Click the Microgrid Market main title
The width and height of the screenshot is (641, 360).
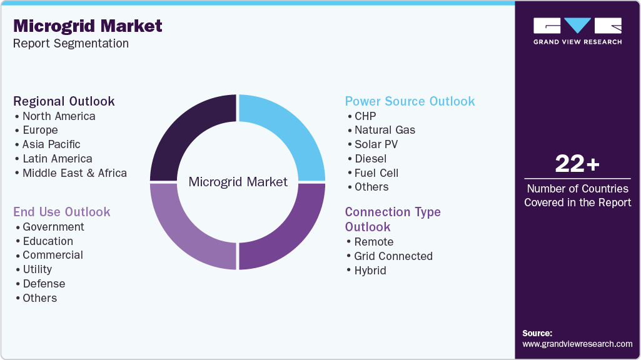click(88, 26)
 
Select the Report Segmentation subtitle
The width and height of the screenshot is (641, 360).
click(71, 44)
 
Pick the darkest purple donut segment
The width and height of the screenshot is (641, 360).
click(191, 136)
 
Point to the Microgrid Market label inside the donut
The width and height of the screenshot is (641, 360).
click(238, 182)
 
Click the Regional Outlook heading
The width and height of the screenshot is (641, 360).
click(64, 101)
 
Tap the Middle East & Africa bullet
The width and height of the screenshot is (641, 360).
click(74, 173)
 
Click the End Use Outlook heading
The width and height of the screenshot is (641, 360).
click(62, 212)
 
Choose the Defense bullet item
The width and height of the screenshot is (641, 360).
click(44, 284)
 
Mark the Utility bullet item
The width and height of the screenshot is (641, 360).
click(37, 269)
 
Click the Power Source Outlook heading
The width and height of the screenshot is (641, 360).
click(410, 101)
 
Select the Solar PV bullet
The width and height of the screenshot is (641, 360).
click(376, 144)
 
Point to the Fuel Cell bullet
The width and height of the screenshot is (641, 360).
click(376, 173)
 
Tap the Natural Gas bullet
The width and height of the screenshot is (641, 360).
click(385, 130)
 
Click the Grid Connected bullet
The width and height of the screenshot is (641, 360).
click(393, 256)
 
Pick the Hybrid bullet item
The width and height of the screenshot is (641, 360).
click(370, 271)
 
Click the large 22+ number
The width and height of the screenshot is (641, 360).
click(577, 164)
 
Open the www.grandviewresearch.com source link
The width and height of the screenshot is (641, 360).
click(577, 344)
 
